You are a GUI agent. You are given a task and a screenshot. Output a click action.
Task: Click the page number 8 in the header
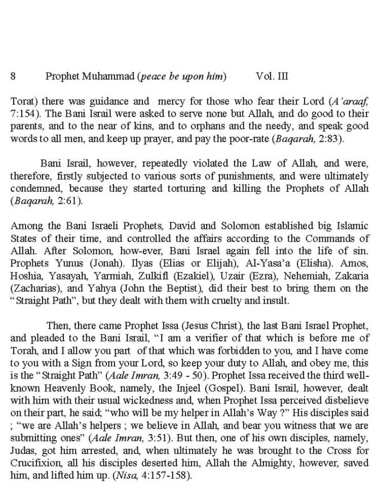[13, 76]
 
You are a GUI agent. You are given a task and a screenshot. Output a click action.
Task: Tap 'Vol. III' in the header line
[272, 76]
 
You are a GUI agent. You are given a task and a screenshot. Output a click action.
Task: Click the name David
[181, 226]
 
